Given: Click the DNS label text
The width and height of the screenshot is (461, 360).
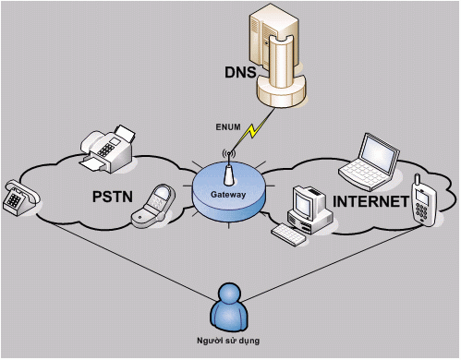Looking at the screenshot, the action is click(240, 72).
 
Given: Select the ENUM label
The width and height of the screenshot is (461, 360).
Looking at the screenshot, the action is click(228, 127).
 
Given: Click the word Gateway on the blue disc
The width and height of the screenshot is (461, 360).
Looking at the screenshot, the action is click(228, 195).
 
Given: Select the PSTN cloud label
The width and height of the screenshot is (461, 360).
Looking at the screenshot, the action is click(113, 197).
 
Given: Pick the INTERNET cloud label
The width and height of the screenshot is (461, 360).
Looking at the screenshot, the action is click(370, 202).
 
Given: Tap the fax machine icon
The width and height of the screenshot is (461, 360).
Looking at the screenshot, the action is click(107, 149).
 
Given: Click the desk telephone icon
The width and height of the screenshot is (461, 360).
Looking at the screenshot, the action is click(21, 198).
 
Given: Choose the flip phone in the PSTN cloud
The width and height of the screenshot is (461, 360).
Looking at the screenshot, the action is click(153, 206).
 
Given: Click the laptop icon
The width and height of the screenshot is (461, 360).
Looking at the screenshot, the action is click(369, 162).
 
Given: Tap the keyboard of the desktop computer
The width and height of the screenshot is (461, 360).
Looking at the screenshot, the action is click(289, 234).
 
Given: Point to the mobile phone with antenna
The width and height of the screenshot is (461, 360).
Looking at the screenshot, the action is click(424, 200).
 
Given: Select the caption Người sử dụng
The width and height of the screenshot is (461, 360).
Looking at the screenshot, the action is click(228, 341).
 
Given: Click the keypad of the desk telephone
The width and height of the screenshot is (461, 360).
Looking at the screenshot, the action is click(14, 200).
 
